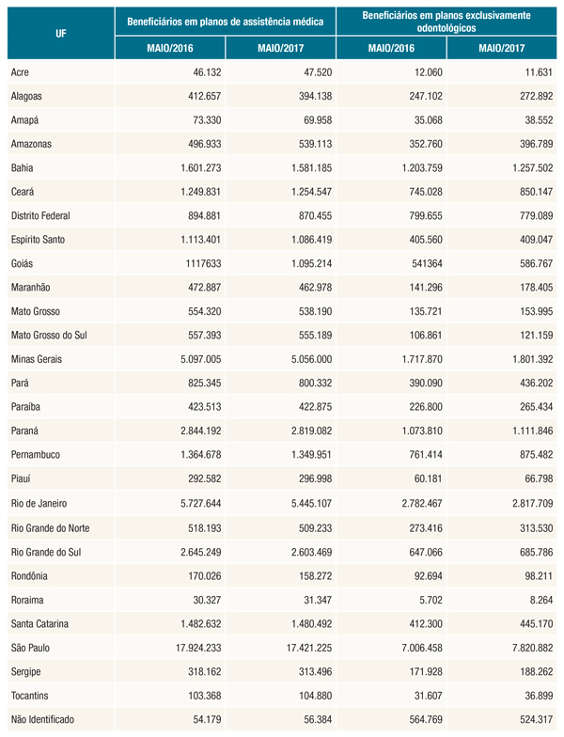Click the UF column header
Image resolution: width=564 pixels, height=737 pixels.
point(59,31)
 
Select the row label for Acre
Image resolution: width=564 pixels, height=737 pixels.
point(21,71)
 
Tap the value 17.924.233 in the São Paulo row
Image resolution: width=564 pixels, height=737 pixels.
point(193,647)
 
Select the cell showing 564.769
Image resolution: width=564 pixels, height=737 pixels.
point(415,719)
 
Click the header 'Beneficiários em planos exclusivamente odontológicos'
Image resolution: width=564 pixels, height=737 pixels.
point(446,19)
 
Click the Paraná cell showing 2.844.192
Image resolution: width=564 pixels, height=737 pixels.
point(196,431)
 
